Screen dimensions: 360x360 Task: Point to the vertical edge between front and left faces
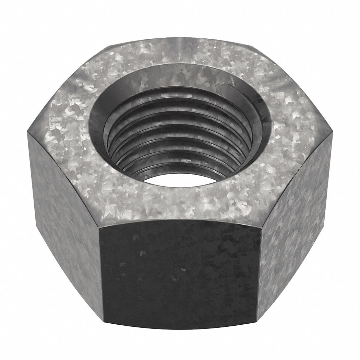[101, 274]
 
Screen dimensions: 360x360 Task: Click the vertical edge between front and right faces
[259, 274]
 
